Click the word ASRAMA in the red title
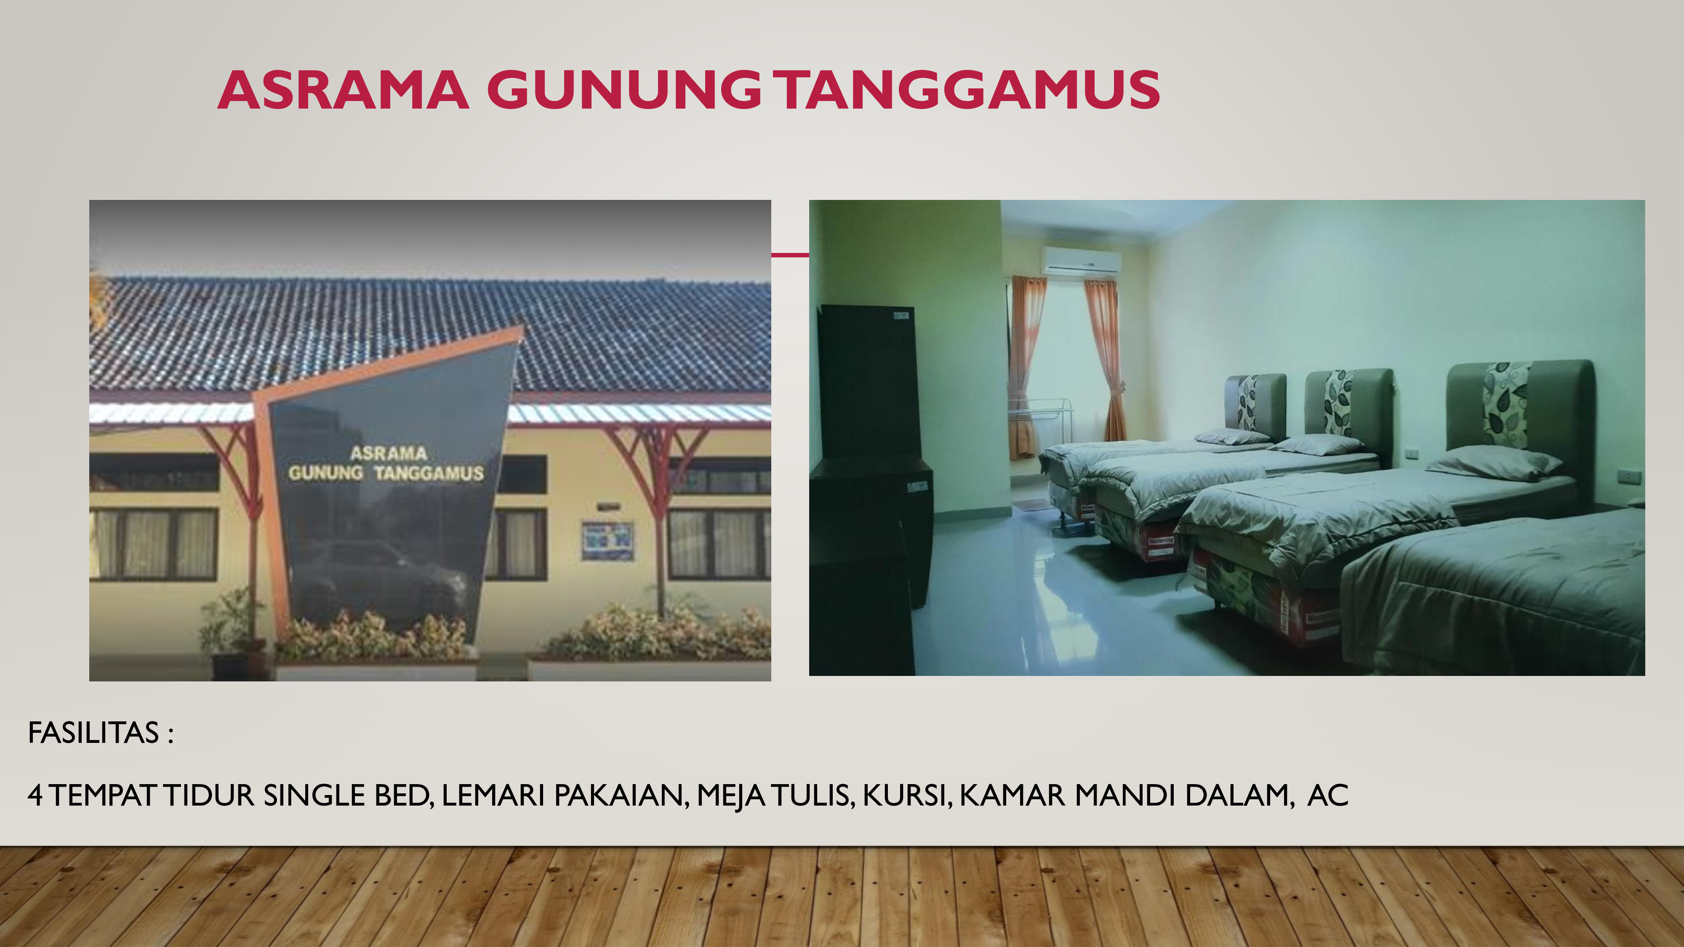pyautogui.click(x=343, y=90)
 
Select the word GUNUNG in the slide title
pyautogui.click(x=624, y=90)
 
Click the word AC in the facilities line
pyautogui.click(x=1328, y=795)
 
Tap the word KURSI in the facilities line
pyautogui.click(x=906, y=796)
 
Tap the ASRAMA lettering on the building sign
pyautogui.click(x=388, y=453)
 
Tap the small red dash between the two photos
pyautogui.click(x=790, y=255)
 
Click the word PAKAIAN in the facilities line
pyautogui.click(x=621, y=796)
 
